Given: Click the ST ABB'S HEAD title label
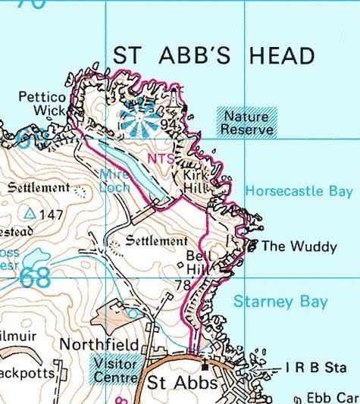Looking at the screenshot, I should pos(213,56).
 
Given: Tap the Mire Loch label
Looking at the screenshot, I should pos(115,180).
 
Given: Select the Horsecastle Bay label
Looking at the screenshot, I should pos(299,191).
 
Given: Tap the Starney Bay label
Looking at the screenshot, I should pos(280,302).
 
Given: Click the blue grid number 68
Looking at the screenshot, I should pos(35,277).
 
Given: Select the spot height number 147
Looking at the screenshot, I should pos(52,215).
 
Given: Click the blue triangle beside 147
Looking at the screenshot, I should pos(30,215).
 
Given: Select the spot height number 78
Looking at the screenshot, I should pos(182,285).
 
